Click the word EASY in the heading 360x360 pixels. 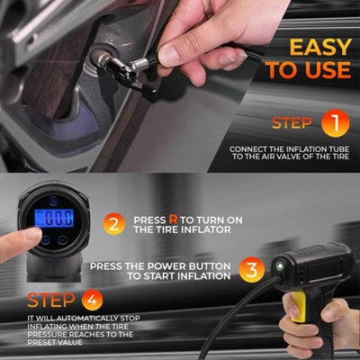(320, 47)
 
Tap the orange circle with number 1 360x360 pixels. (336, 123)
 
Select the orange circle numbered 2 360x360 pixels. (114, 224)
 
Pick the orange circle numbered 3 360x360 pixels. (252, 270)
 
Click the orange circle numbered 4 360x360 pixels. (92, 300)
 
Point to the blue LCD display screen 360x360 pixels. (54, 218)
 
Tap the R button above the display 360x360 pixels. (53, 202)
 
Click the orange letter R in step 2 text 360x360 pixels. (173, 220)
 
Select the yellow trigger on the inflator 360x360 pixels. (299, 307)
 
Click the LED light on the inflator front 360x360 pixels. (280, 265)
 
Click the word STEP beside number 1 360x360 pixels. (292, 123)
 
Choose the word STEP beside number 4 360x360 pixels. (51, 301)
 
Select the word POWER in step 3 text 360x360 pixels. (166, 266)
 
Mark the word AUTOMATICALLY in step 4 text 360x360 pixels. (87, 319)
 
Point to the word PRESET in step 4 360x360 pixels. (40, 342)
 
